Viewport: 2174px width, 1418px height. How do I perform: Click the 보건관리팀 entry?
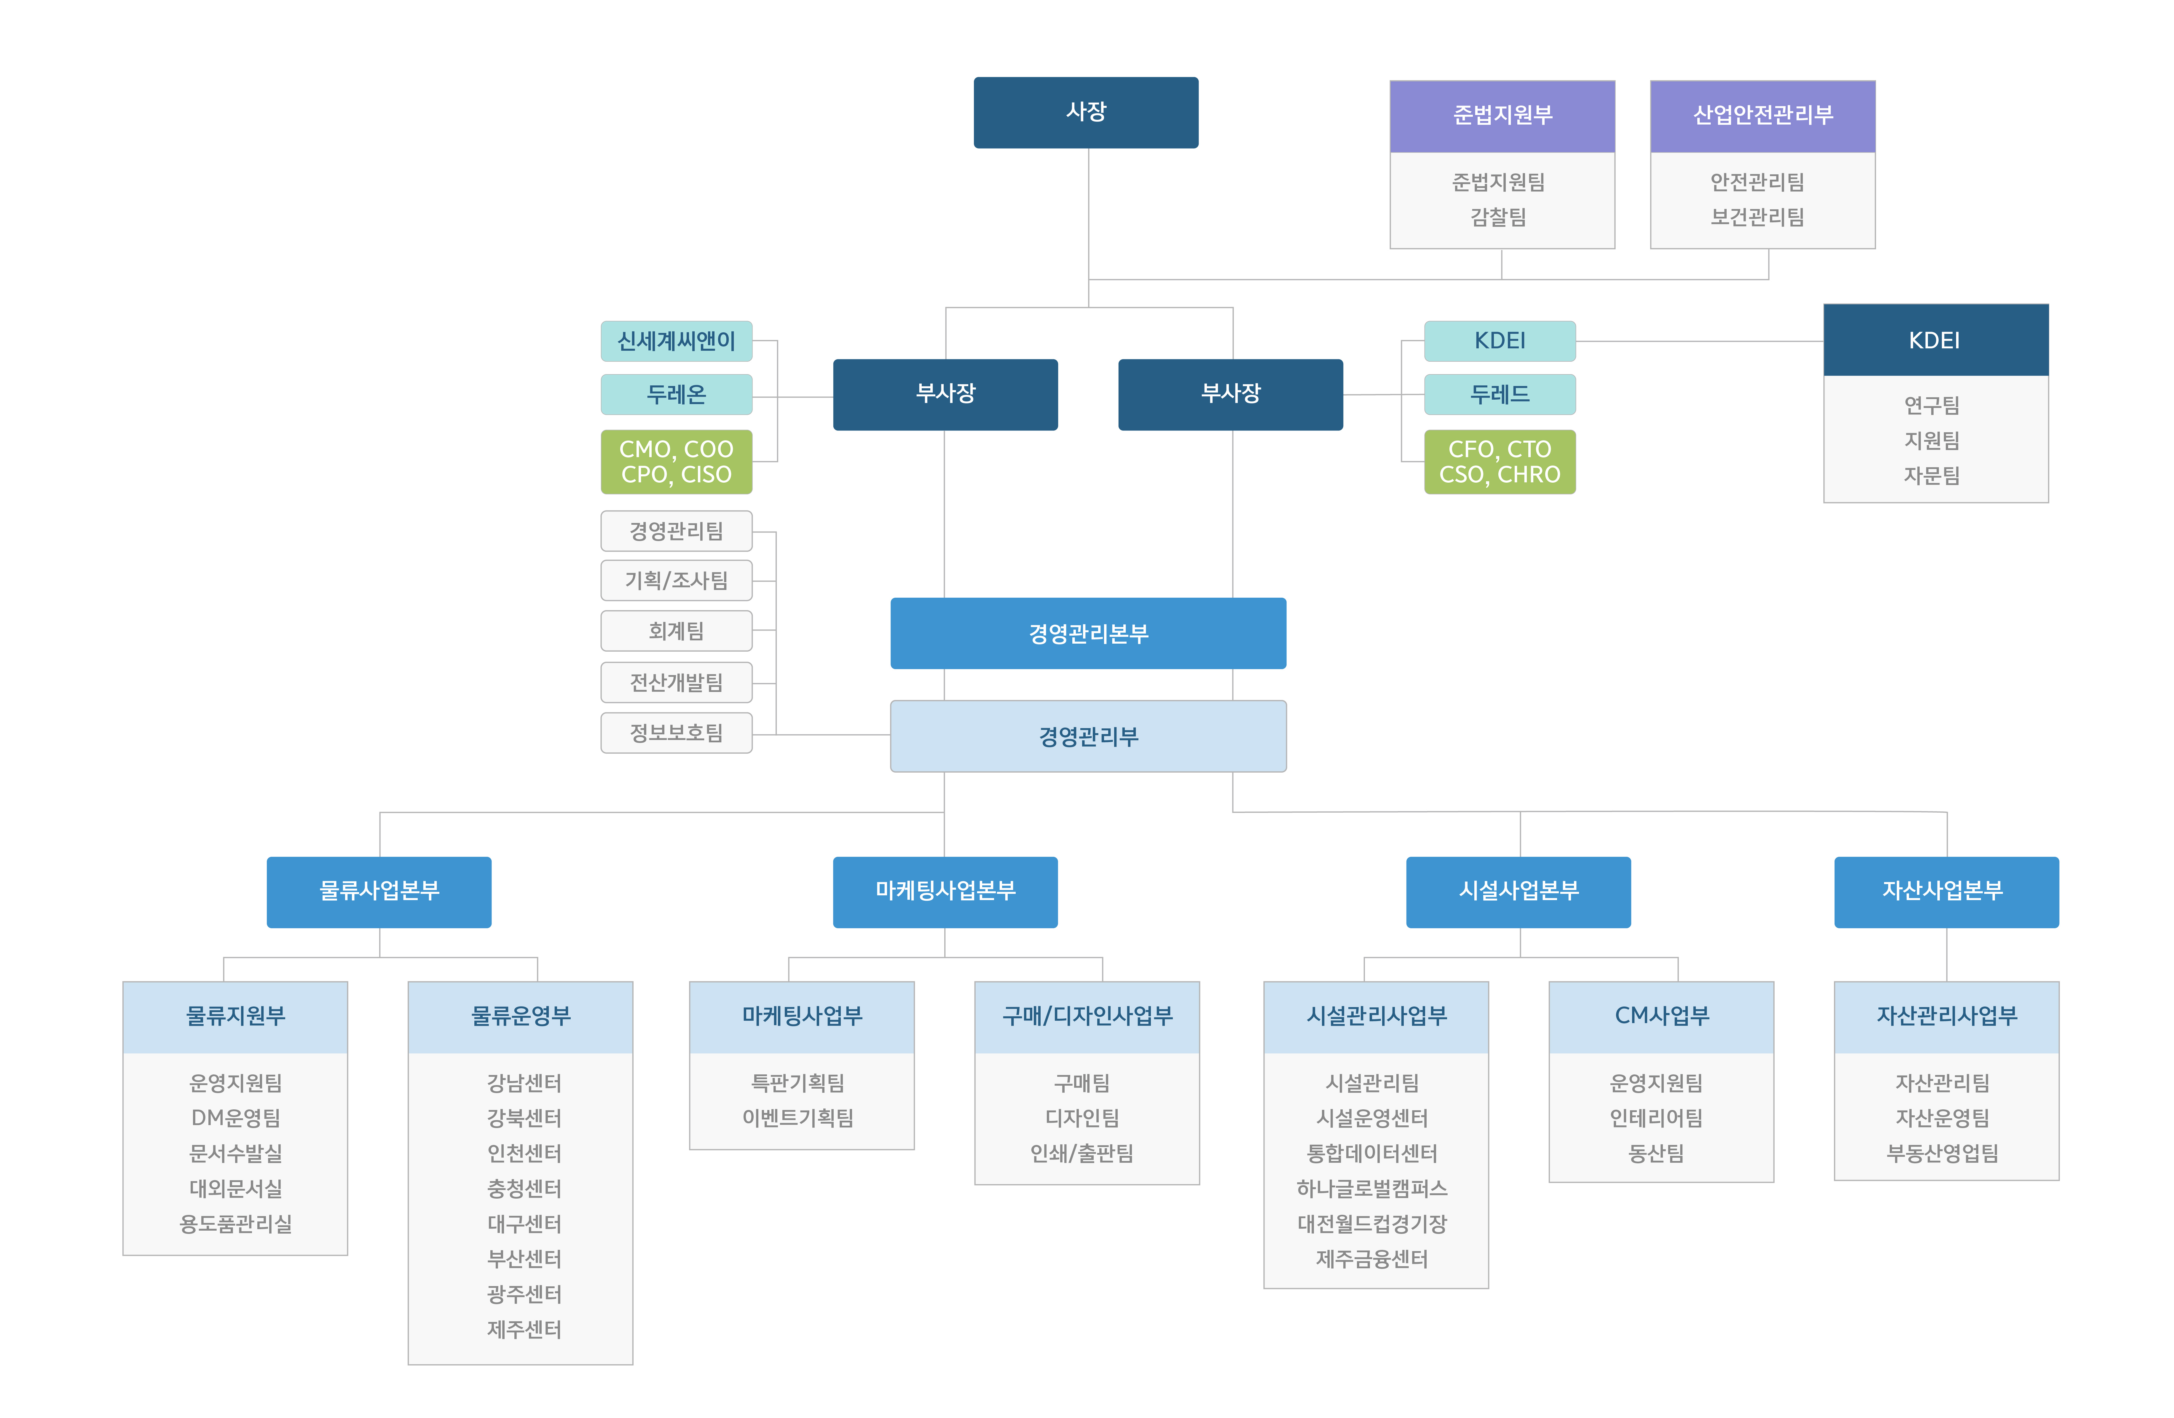point(1757,216)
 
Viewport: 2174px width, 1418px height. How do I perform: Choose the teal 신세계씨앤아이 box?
point(676,341)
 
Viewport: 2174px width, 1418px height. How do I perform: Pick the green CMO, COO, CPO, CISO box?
point(676,461)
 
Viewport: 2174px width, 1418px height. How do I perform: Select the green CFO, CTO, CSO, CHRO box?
point(1500,461)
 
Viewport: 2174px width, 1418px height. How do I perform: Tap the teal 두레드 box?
point(1500,394)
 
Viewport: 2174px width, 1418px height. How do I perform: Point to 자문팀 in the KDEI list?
point(1932,475)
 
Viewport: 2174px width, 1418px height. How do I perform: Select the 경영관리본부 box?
point(1088,633)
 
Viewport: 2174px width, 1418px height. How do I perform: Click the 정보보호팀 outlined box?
point(676,733)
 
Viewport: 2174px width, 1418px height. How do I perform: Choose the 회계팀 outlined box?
point(676,630)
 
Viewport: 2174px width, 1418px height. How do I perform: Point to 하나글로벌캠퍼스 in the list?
point(1372,1188)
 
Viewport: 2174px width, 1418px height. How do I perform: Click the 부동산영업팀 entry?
point(1943,1153)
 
